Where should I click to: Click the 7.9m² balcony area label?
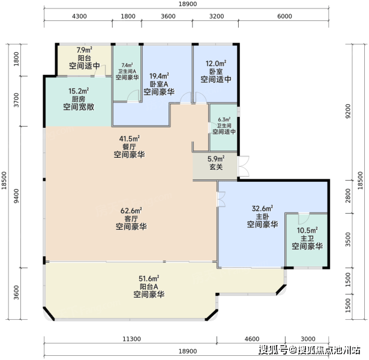[84, 50]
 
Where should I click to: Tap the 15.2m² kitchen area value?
[79, 91]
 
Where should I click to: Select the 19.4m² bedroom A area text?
[159, 76]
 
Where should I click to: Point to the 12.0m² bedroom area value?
[216, 64]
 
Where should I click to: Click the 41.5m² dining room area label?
[129, 139]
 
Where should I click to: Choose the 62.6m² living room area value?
[131, 211]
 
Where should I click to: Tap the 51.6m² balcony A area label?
[149, 278]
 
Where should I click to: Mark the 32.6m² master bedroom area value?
[262, 208]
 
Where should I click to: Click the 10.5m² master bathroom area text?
[307, 230]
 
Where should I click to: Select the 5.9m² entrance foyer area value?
[216, 159]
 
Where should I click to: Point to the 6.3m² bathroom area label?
[224, 119]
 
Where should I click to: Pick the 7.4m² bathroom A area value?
[127, 65]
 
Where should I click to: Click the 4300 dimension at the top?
[79, 16]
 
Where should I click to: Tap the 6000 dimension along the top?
[284, 16]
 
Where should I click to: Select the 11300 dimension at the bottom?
[131, 339]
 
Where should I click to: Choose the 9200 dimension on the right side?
[348, 111]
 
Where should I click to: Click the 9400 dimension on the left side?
[16, 196]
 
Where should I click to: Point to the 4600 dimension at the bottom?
[252, 339]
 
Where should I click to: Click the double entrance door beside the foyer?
[244, 166]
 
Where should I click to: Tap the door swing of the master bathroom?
[304, 218]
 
